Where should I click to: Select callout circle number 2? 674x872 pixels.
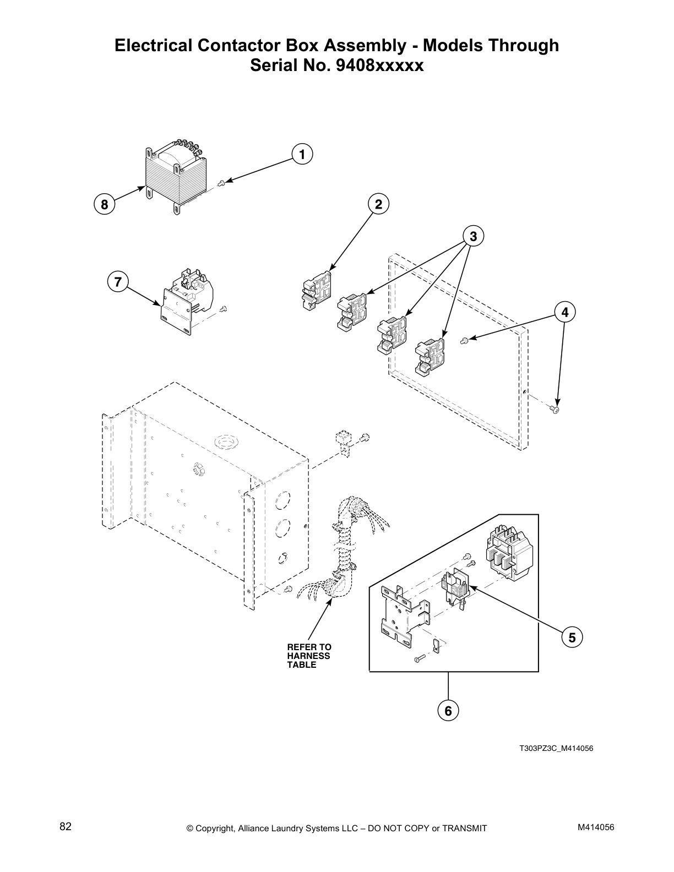point(378,204)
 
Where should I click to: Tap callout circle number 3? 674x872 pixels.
point(472,236)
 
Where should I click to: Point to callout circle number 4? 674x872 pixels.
point(565,312)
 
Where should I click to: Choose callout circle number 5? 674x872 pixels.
point(572,637)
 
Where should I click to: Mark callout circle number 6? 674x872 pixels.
point(448,711)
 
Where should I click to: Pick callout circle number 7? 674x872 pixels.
point(117,282)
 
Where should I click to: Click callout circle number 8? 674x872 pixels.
point(104,205)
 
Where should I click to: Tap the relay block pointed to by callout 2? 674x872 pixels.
point(318,290)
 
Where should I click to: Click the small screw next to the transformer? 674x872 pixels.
point(221,183)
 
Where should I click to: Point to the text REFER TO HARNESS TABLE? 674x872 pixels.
point(309,656)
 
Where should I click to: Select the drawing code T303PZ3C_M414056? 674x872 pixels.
point(556,749)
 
